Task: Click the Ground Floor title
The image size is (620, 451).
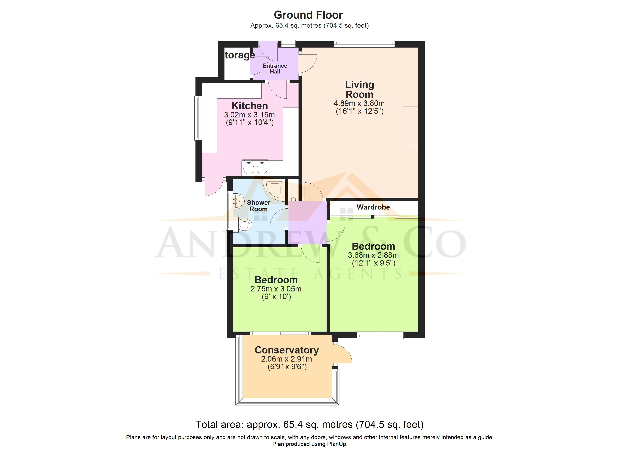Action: click(308, 15)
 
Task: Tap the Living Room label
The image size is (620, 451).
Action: click(359, 89)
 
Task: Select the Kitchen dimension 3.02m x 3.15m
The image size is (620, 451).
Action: click(249, 115)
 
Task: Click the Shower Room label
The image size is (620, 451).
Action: click(259, 206)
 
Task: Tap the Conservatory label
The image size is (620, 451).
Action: click(287, 350)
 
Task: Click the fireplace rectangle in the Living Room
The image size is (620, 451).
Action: click(410, 126)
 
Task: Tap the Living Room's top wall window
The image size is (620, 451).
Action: click(364, 44)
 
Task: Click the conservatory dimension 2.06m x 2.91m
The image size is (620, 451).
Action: click(287, 359)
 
